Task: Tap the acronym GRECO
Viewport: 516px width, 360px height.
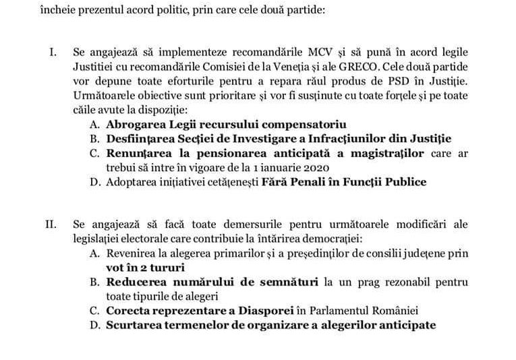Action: coord(384,67)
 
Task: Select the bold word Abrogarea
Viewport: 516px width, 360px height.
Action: coord(132,125)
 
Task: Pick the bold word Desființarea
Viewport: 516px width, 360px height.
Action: coord(137,139)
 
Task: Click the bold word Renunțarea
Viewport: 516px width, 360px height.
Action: coord(136,154)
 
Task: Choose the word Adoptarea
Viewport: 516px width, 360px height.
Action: coord(132,182)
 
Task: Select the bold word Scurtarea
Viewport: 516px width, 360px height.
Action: coord(133,325)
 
